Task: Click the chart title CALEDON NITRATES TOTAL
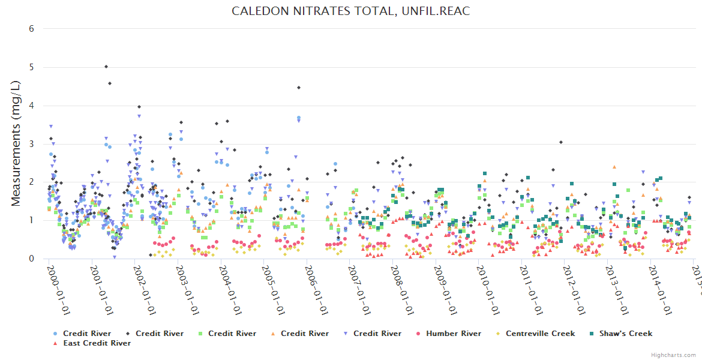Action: pos(350,11)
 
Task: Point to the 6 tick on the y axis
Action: pos(31,29)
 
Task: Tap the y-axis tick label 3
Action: pos(31,144)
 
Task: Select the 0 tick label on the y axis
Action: pos(31,259)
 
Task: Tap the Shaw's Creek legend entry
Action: pos(627,334)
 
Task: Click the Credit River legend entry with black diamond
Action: pos(159,334)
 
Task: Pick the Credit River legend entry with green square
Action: pos(232,334)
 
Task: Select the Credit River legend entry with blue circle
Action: pos(86,334)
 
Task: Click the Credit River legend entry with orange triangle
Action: pos(304,334)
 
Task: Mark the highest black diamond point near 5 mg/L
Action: pos(106,67)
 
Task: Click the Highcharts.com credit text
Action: pos(674,355)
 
